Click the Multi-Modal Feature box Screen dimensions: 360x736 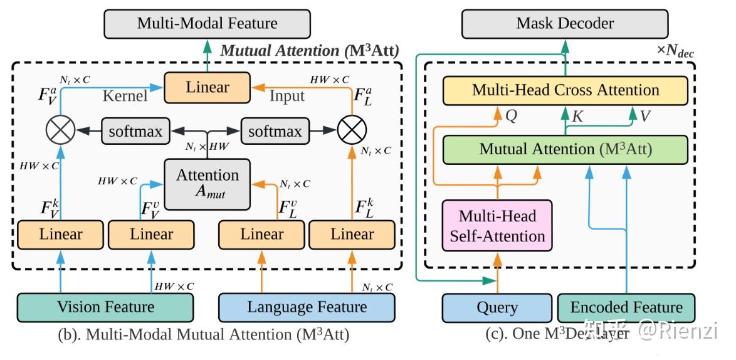pos(208,24)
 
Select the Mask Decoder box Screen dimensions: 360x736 pos(565,24)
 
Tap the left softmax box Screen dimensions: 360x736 pos(135,132)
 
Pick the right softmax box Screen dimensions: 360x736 pos(275,132)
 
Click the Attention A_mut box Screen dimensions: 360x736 pos(207,183)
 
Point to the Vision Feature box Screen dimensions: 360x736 pos(105,307)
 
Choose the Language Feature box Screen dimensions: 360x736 pos(307,307)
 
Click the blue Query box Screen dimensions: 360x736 pos(497,308)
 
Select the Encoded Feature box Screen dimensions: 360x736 pos(626,308)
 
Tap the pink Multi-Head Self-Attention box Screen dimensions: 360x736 pos(498,226)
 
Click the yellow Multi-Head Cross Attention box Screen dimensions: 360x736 pos(565,90)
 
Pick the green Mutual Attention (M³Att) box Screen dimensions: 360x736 pos(565,150)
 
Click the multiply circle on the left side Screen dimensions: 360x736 pos(60,131)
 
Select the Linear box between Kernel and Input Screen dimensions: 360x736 pos(207,87)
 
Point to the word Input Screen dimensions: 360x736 pos(287,95)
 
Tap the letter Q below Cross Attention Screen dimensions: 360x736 pos(511,116)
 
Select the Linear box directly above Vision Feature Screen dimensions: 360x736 pos(61,235)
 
